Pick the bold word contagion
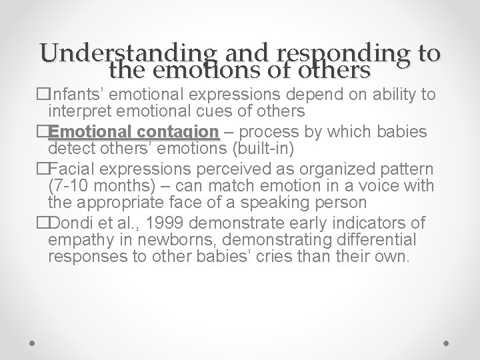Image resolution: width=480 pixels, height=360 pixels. point(181,131)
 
